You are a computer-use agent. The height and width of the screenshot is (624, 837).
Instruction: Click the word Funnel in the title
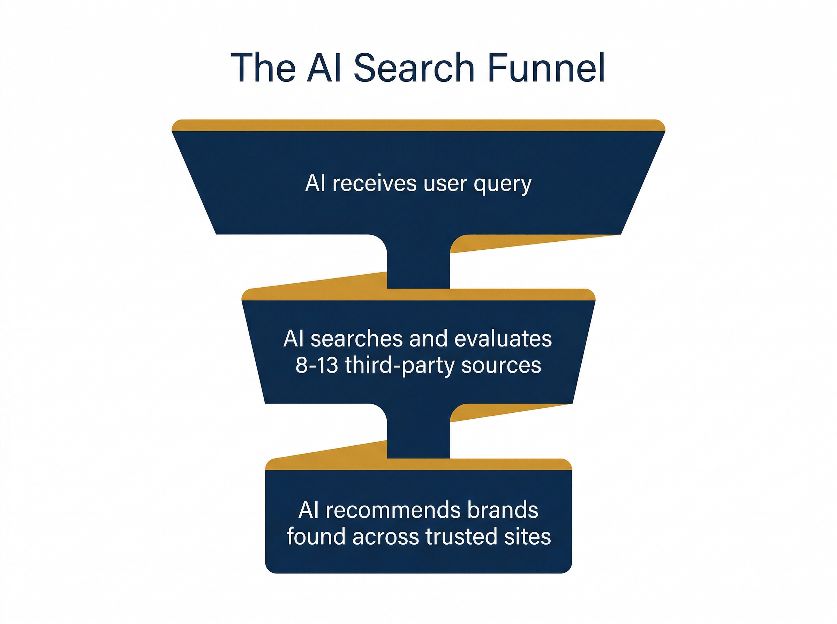[546, 68]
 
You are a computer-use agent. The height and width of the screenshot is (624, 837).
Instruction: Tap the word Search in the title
[414, 68]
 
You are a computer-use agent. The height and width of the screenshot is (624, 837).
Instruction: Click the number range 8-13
[317, 365]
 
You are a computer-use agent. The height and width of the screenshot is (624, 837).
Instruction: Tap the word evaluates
[503, 338]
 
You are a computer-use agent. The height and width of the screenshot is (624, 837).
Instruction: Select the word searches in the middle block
[356, 338]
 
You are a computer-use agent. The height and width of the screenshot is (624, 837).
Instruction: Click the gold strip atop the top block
[418, 125]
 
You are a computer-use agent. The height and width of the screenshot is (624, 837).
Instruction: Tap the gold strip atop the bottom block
[418, 464]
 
